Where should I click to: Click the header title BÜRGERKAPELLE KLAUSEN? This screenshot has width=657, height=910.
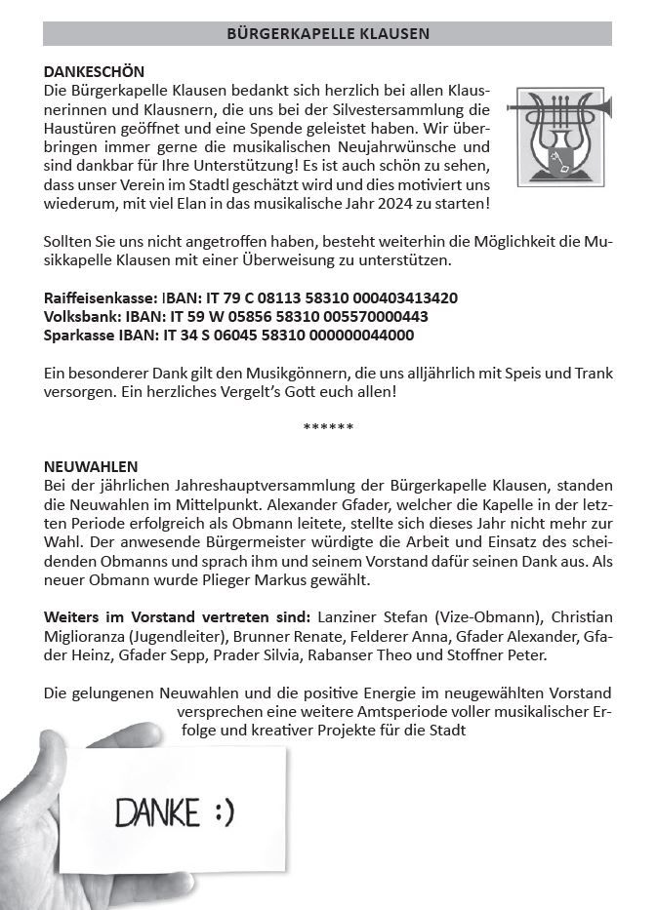(328, 34)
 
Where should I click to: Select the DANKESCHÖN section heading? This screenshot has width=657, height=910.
(94, 72)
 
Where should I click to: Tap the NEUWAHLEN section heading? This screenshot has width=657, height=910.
(91, 466)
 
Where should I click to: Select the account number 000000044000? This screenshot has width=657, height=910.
(362, 336)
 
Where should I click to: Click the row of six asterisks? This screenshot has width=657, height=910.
(328, 427)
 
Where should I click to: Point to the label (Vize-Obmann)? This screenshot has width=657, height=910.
(492, 616)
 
